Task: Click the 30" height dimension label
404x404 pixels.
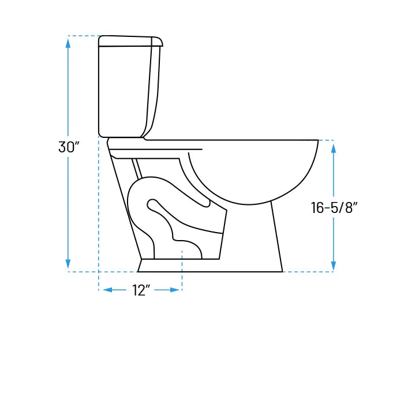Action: pyautogui.click(x=68, y=147)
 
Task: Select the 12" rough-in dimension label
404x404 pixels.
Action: pyautogui.click(x=141, y=290)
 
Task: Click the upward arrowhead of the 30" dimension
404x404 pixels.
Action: pyautogui.click(x=69, y=42)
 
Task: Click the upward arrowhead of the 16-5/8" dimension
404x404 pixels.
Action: pyautogui.click(x=334, y=148)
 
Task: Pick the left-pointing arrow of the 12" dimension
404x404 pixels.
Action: pyautogui.click(x=107, y=290)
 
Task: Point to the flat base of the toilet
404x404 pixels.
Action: pyautogui.click(x=211, y=265)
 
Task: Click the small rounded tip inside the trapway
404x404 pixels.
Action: pyautogui.click(x=152, y=203)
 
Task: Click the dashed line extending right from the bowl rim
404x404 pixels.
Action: pyautogui.click(x=326, y=140)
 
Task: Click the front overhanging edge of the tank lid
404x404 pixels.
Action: pyautogui.click(x=160, y=42)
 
